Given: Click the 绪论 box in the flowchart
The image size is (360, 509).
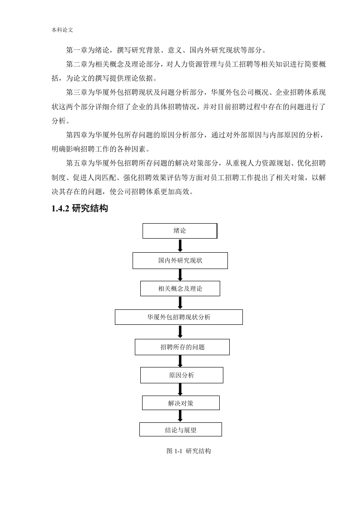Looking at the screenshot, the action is click(180, 231).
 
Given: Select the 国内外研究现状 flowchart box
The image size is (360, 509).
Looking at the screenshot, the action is click(180, 261).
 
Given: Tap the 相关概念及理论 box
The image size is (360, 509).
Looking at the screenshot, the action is click(180, 289).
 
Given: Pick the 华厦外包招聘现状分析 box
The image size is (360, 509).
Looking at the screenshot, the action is click(179, 317).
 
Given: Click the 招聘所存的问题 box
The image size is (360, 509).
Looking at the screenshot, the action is click(182, 347).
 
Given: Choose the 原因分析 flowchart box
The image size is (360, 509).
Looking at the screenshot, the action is click(182, 375).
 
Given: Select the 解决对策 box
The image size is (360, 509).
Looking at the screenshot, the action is click(181, 403).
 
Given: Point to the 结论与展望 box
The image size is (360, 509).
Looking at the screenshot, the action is click(181, 430).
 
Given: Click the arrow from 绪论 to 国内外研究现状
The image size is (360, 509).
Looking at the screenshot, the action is click(180, 246).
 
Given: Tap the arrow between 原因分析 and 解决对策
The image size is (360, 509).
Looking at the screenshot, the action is click(180, 390).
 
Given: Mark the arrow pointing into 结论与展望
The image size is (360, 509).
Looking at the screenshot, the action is click(180, 416).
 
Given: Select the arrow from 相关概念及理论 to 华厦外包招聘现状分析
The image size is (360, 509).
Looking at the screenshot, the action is click(180, 303).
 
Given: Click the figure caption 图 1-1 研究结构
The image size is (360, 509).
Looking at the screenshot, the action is click(188, 451).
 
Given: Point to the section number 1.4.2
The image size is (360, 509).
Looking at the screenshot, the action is click(60, 208).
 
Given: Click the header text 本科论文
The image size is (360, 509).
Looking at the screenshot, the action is click(62, 30).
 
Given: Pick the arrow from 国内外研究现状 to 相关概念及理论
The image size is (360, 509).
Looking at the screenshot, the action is click(180, 275).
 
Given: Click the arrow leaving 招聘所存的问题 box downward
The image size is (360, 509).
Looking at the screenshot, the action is click(180, 361).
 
